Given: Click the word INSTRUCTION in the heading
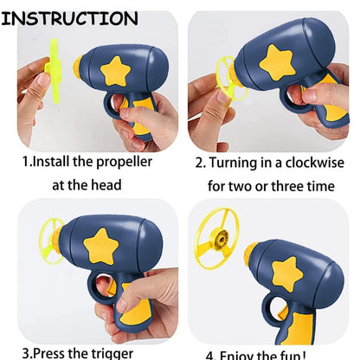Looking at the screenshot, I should click(69, 18).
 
